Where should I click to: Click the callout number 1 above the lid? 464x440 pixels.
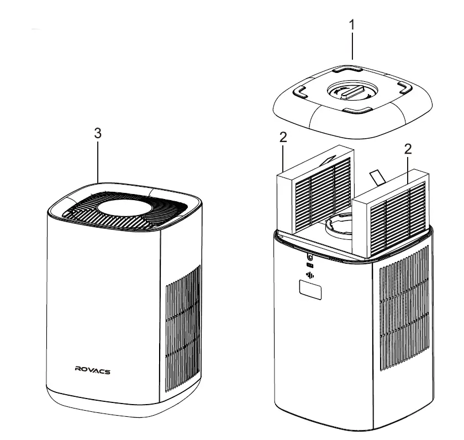(352, 25)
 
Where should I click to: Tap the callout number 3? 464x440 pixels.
(98, 133)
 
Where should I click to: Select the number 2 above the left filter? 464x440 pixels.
(283, 137)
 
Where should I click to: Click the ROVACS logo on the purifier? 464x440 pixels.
(92, 370)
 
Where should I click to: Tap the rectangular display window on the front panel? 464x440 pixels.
(311, 290)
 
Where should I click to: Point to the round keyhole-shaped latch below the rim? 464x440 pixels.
(309, 257)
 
